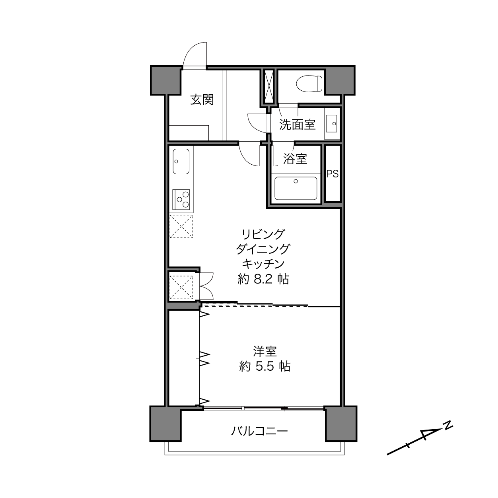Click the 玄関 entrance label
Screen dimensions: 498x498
[x=202, y=100]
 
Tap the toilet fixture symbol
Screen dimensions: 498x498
[x=309, y=84]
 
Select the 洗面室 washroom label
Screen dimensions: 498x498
[x=297, y=124]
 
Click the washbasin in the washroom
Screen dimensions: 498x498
[x=331, y=124]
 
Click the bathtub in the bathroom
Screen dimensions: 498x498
[x=296, y=189]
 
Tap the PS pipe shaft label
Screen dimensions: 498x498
[x=333, y=174]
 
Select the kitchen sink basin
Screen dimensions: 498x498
[x=181, y=161]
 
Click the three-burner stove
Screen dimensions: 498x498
[x=181, y=200]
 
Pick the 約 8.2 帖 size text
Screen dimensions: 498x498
[x=263, y=279]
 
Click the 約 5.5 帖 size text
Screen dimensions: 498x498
[x=265, y=366]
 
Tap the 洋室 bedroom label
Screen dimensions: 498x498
[x=265, y=351]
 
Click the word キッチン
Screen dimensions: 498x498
[x=263, y=264]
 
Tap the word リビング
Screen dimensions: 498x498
[x=263, y=234]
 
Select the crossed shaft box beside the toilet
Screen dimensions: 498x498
[x=269, y=86]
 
